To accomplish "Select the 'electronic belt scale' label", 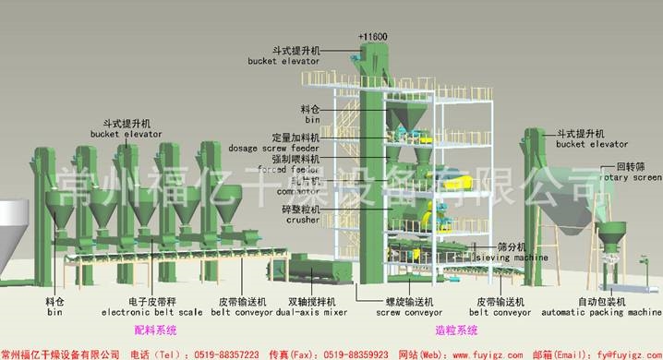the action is coord(153,312).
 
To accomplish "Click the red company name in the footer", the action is coord(61,354).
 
